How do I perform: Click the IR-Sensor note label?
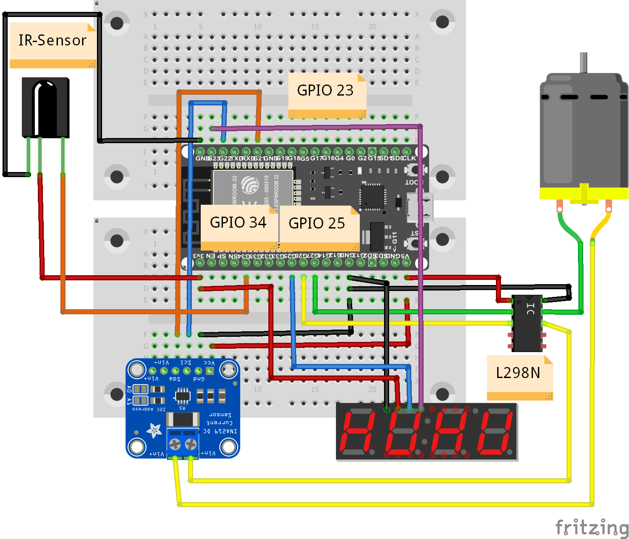tap(52, 41)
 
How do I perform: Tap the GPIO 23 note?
tap(325, 90)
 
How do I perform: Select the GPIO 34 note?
tap(238, 223)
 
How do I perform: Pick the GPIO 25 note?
tap(317, 223)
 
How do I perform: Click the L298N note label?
tap(518, 373)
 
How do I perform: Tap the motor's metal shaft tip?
tap(583, 59)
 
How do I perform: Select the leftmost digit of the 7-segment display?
tap(359, 432)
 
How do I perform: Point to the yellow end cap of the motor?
tap(584, 194)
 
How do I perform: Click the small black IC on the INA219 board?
tap(182, 396)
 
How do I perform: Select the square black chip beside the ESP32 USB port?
tap(373, 196)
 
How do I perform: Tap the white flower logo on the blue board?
tap(154, 430)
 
